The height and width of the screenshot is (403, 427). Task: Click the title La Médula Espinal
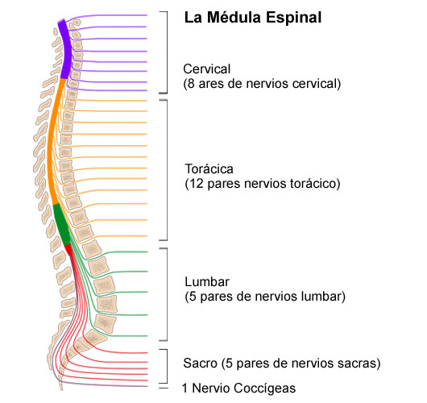coord(253,17)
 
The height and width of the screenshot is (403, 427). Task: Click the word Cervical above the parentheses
coord(207,69)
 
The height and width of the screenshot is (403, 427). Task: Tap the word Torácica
coord(209,169)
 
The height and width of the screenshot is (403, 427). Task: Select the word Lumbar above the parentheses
coord(207,282)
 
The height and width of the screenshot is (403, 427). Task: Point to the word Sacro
coord(199,363)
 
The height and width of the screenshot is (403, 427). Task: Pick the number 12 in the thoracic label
coord(197,184)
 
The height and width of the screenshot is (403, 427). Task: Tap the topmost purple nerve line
coord(113,15)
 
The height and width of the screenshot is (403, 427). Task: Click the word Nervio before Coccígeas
coord(212,388)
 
